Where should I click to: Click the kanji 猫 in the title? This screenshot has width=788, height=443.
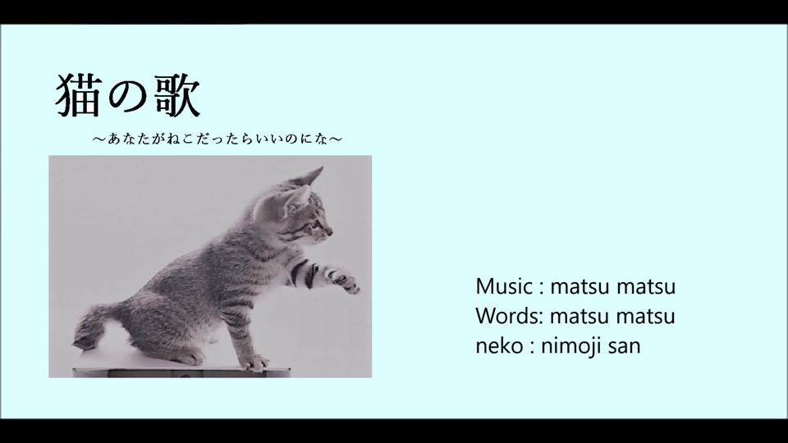click(x=76, y=95)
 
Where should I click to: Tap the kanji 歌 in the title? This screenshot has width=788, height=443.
click(x=177, y=95)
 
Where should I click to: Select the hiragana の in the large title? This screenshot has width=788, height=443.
click(x=127, y=98)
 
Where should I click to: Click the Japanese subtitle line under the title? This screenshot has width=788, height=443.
click(x=217, y=139)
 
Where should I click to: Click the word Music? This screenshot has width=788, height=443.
click(x=504, y=286)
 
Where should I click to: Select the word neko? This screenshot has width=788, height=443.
click(x=499, y=345)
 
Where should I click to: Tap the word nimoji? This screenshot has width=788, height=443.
click(x=570, y=346)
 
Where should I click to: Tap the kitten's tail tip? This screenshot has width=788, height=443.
click(x=84, y=340)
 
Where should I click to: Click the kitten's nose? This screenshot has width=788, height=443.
click(x=330, y=231)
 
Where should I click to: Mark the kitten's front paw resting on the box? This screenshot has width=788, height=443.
click(x=254, y=363)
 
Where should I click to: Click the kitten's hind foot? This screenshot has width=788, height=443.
click(x=187, y=356)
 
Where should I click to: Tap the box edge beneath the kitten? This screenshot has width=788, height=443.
click(x=181, y=372)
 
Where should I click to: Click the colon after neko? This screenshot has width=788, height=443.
click(x=532, y=346)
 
